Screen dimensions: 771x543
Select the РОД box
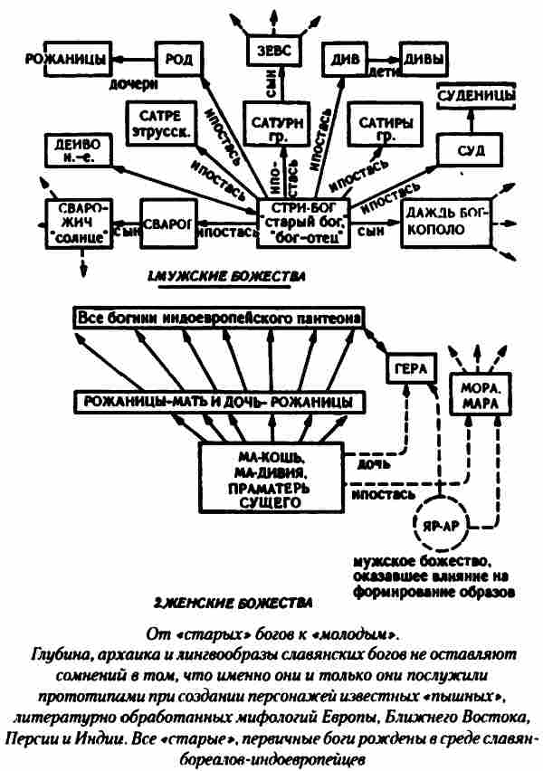click(x=174, y=60)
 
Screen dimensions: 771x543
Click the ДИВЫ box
click(x=424, y=60)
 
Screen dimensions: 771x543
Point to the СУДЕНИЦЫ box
click(x=476, y=94)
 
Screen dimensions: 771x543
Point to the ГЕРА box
click(x=412, y=369)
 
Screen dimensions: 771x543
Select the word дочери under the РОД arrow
click(x=131, y=83)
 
